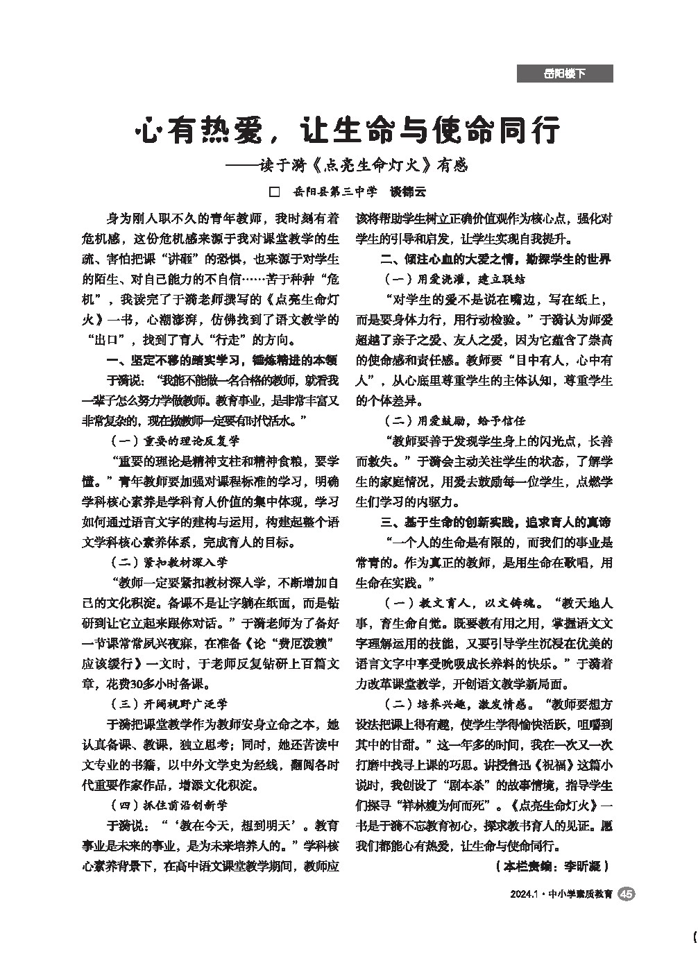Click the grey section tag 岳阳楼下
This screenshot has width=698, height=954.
(x=564, y=74)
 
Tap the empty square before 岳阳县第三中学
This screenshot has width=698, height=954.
(x=274, y=191)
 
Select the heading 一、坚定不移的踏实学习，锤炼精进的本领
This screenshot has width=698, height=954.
(x=222, y=360)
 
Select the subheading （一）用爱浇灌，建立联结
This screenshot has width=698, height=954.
(x=455, y=280)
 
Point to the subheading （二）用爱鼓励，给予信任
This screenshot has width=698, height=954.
(x=455, y=420)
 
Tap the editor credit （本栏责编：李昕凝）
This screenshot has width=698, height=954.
(x=552, y=866)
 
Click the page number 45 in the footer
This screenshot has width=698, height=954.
(x=625, y=894)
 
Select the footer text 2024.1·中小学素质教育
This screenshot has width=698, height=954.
(x=560, y=894)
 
